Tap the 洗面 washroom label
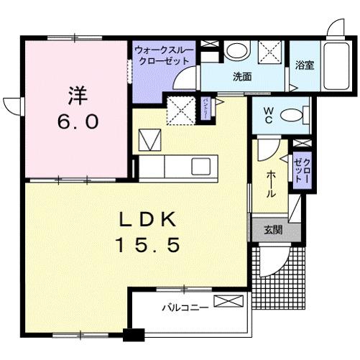241,77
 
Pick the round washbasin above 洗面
236,52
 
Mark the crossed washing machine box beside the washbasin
270,53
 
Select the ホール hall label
269,183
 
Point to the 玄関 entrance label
272,230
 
